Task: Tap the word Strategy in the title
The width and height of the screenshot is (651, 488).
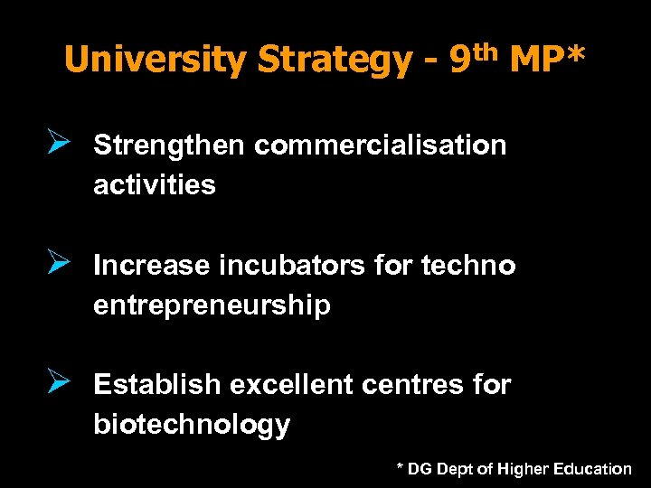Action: [334, 60]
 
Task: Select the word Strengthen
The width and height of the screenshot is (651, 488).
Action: [170, 145]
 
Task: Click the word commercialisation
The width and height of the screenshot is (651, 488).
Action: [381, 145]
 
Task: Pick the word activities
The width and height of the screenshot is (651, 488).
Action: [155, 185]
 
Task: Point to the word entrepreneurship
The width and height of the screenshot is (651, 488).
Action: [212, 305]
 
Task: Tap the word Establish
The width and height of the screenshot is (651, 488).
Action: [157, 385]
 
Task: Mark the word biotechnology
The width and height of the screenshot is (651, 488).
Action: [192, 425]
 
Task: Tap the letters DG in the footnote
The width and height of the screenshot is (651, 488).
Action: [420, 469]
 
